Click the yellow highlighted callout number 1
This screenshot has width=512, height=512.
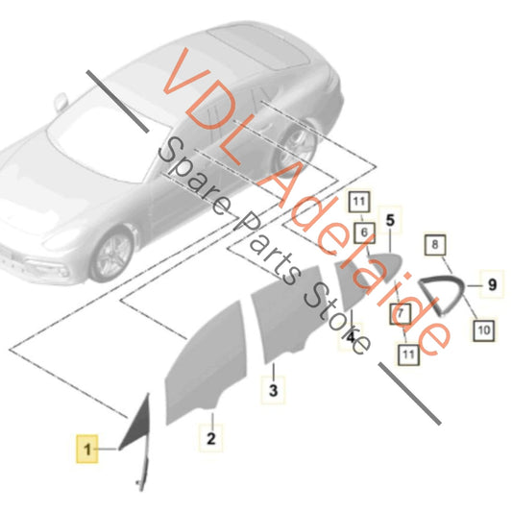tap(86, 449)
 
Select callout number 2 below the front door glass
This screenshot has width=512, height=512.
tap(211, 438)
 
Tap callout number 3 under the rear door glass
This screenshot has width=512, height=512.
tap(273, 390)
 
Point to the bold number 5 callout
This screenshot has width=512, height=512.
tap(390, 220)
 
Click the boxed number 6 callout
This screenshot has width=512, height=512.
tap(364, 232)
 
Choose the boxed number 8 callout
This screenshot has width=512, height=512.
tap(435, 245)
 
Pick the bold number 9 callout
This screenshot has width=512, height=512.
tap(492, 284)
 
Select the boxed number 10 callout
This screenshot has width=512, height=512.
tap(483, 330)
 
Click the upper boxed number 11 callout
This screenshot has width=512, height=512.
tap(359, 201)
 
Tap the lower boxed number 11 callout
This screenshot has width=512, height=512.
tap(408, 354)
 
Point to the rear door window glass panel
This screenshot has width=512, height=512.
tap(287, 313)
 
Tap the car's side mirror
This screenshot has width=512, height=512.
tap(61, 102)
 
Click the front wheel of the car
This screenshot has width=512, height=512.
tap(112, 255)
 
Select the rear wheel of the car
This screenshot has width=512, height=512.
tap(296, 145)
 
